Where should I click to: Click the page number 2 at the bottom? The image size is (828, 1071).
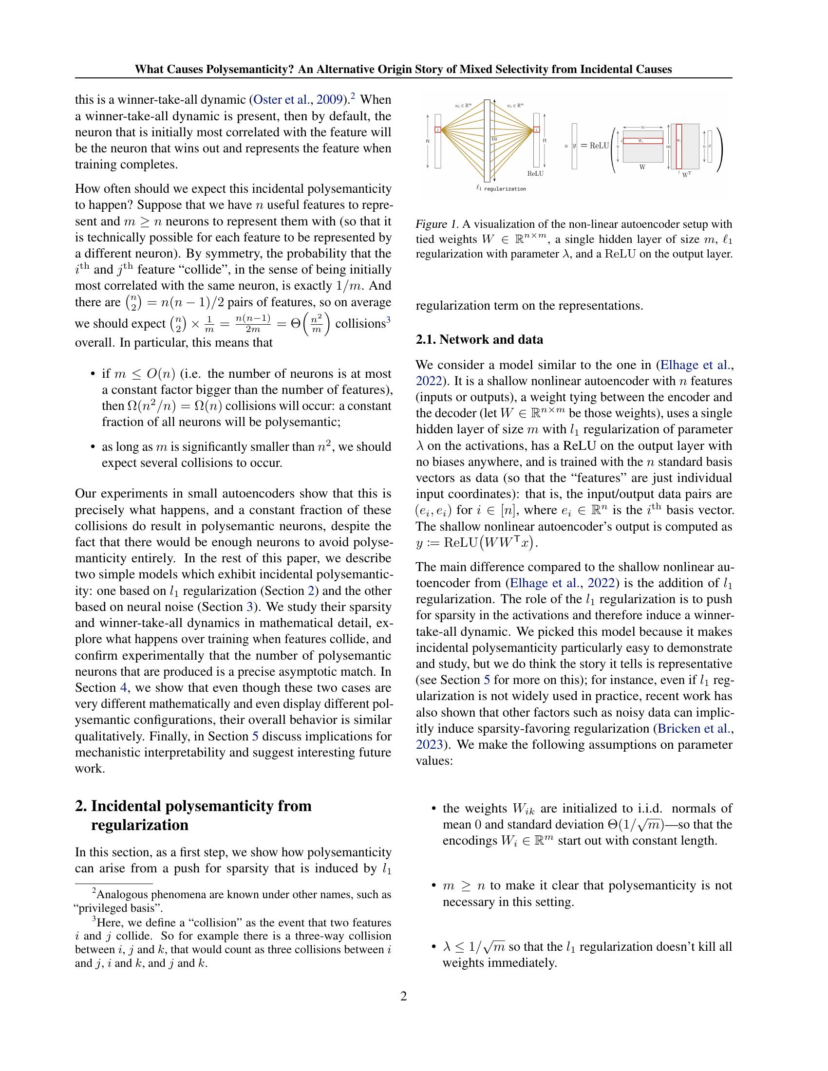[404, 996]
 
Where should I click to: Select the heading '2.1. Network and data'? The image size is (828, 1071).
[479, 339]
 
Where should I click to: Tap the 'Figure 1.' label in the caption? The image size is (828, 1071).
[436, 224]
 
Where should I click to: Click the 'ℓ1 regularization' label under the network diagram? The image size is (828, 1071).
[501, 189]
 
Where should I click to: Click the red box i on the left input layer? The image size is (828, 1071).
[438, 130]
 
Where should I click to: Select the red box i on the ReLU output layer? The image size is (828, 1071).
[537, 130]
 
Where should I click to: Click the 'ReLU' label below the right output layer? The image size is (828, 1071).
[536, 174]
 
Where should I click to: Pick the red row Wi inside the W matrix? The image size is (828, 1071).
[643, 141]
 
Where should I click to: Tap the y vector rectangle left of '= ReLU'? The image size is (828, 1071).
[574, 146]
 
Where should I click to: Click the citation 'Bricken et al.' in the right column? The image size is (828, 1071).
[693, 729]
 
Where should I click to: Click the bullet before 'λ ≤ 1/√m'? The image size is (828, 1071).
[433, 947]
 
